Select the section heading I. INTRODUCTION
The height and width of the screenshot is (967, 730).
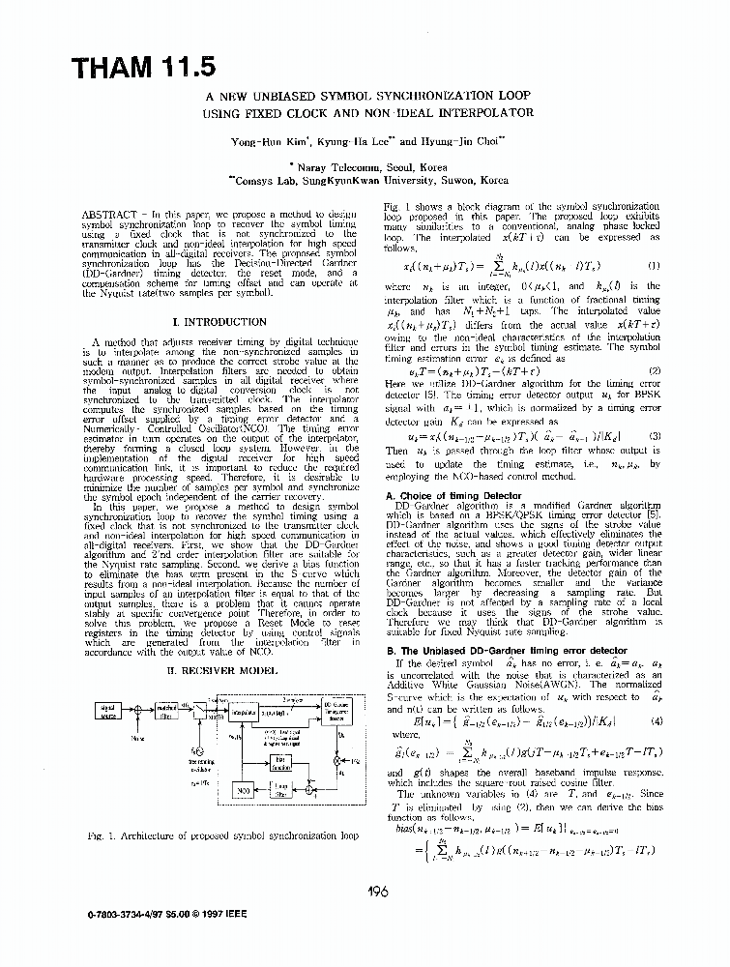coord(219,322)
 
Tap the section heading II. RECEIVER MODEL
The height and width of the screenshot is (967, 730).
coord(219,668)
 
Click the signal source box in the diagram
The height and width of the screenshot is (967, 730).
coord(107,712)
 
